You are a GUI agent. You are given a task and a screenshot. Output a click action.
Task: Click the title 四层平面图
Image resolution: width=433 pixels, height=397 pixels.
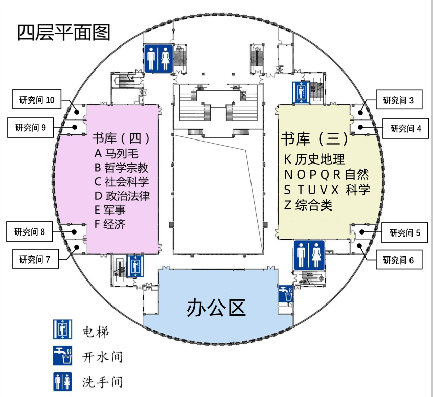(64, 32)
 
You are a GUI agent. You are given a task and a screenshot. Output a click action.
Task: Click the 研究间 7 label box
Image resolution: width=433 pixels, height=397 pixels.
(35, 259)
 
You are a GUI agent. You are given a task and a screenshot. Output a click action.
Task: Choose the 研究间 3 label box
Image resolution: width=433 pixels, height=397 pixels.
(399, 100)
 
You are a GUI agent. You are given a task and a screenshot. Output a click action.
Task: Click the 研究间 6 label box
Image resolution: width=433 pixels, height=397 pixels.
(399, 261)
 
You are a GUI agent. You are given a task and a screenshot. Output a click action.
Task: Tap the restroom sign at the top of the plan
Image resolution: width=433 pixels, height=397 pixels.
(158, 58)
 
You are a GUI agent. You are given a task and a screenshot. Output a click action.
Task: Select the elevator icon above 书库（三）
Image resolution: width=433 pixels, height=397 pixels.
(301, 92)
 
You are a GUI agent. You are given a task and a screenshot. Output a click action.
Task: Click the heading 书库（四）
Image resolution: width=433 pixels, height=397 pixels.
(121, 138)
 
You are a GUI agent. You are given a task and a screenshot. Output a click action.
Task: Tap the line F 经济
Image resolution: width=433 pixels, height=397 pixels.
(110, 224)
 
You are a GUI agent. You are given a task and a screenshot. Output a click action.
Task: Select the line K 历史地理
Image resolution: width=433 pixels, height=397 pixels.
(314, 159)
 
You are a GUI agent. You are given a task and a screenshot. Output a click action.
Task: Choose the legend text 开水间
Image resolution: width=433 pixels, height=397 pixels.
(102, 356)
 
